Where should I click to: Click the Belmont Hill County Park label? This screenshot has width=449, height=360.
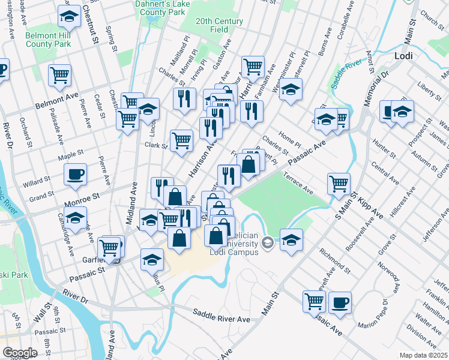(48, 40)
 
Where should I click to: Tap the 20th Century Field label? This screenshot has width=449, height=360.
(219, 25)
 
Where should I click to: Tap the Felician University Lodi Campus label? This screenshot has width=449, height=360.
(235, 247)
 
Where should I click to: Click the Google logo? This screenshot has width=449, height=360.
(20, 352)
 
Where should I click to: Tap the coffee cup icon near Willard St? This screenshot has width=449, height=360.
(76, 175)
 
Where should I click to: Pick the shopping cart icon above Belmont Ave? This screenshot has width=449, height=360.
(60, 75)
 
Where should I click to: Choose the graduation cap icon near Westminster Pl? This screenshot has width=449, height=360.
(291, 91)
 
